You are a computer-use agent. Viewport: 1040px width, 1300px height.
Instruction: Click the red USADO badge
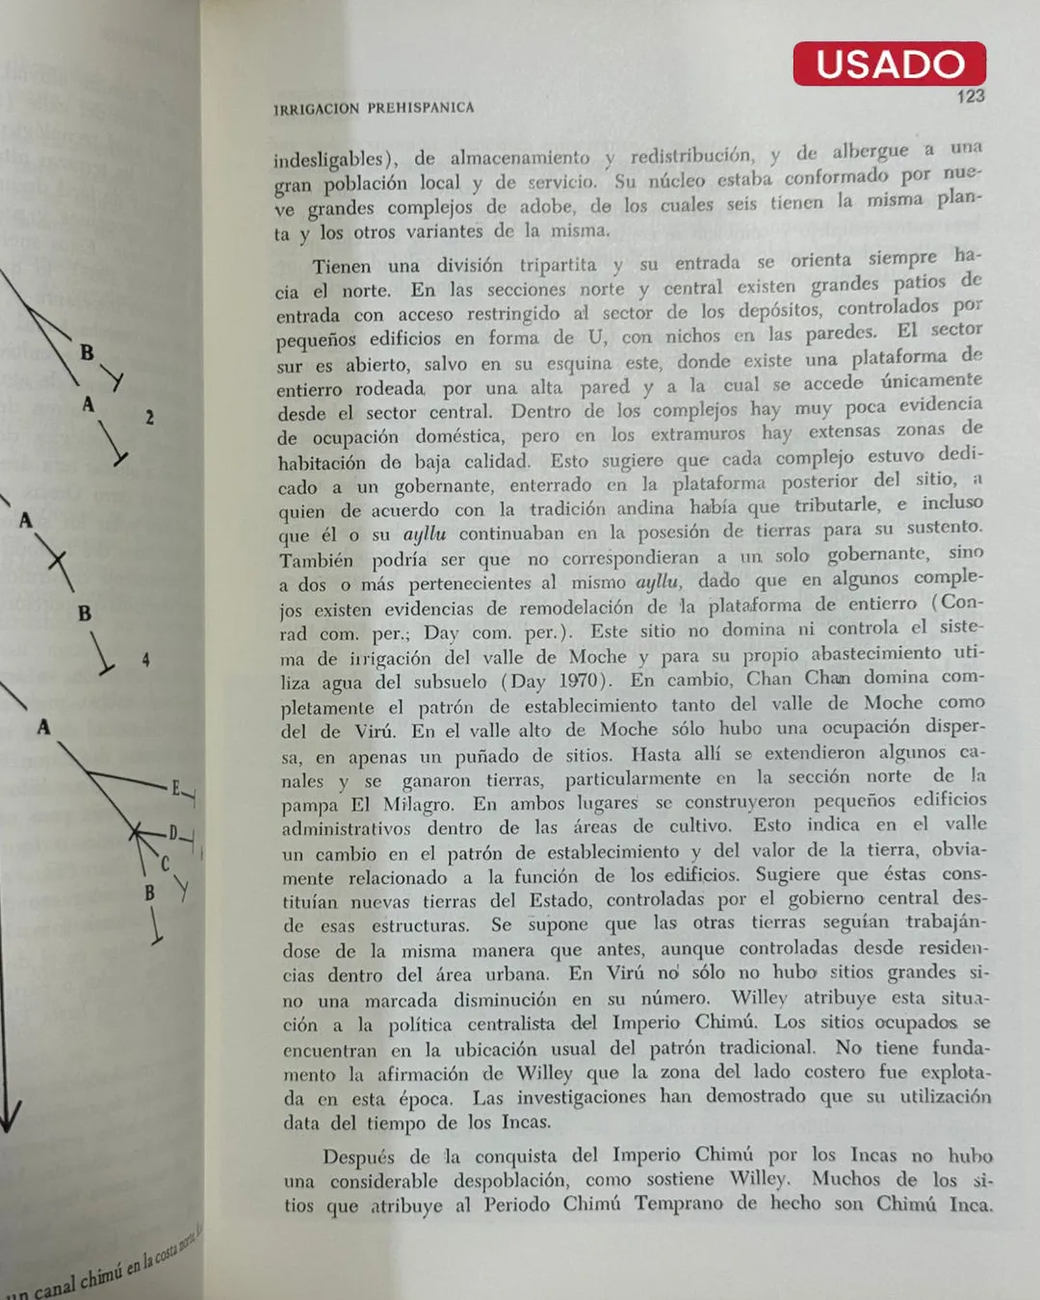coord(889,64)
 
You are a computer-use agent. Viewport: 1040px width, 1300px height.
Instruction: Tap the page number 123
coord(970,96)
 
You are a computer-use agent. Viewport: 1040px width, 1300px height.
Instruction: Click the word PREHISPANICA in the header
coord(420,108)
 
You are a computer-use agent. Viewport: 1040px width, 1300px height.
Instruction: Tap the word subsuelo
coord(451,683)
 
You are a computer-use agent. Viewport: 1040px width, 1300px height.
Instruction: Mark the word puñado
coord(496,756)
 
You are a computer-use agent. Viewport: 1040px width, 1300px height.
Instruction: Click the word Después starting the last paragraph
coord(358,1157)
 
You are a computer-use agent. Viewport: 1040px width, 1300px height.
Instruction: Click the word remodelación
coord(576,608)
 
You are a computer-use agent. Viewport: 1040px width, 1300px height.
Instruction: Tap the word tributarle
coord(836,506)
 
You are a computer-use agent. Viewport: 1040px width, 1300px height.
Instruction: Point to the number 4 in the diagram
coord(145,660)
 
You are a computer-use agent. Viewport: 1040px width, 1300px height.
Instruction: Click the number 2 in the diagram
coord(149,417)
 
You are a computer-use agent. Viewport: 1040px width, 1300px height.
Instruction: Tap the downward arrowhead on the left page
coord(10,1119)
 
